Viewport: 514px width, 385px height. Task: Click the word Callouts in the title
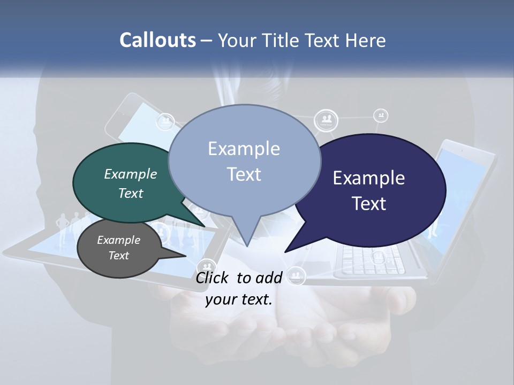click(x=157, y=40)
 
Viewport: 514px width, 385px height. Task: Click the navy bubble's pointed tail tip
click(x=285, y=251)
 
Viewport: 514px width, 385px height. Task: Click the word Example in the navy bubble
click(x=368, y=178)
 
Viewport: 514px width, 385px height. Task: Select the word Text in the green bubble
click(x=130, y=194)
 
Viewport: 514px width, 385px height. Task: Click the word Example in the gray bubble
click(x=118, y=240)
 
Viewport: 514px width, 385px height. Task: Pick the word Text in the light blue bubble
click(x=244, y=174)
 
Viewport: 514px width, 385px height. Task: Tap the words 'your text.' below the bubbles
click(x=239, y=299)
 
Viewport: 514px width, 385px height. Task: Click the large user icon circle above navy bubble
click(x=326, y=120)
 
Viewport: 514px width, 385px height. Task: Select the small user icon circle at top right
click(x=381, y=115)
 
